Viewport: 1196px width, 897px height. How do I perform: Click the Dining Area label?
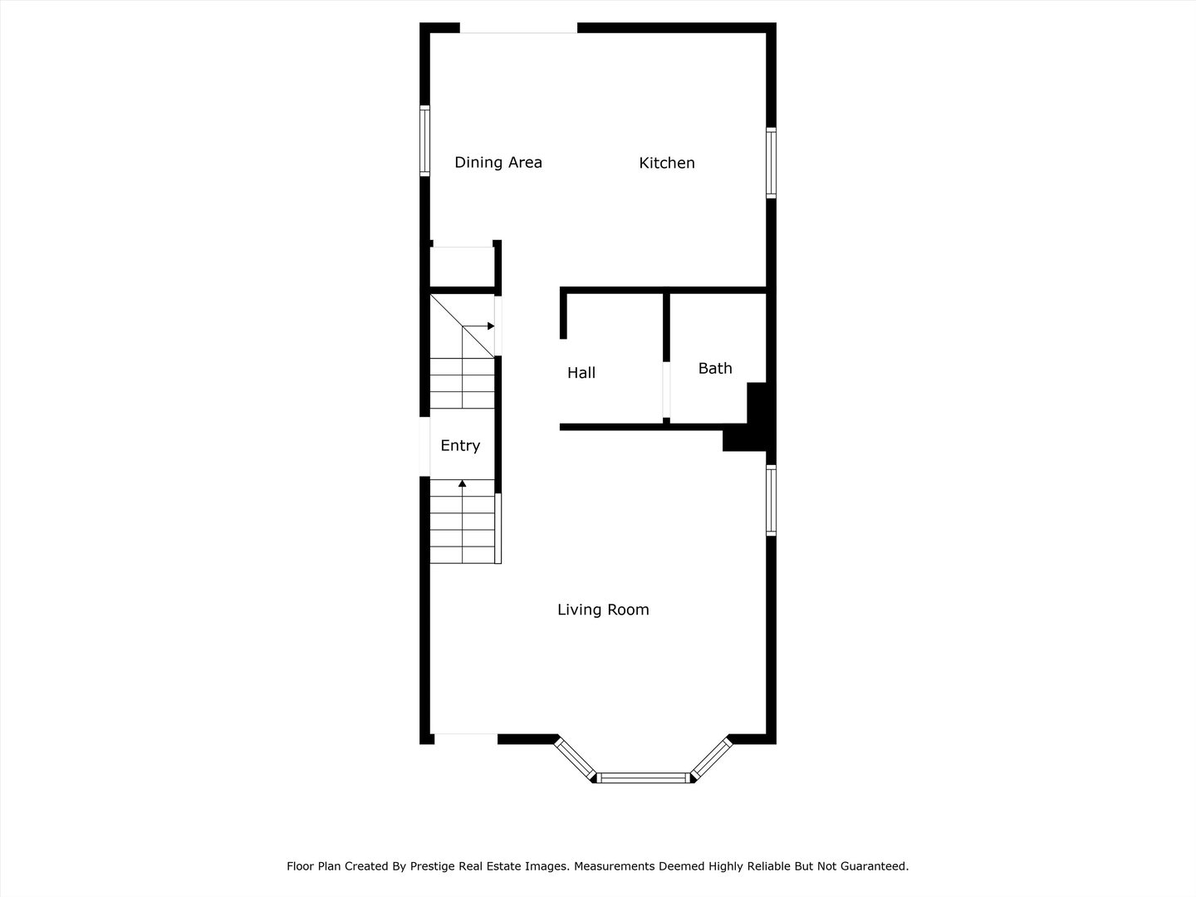click(498, 163)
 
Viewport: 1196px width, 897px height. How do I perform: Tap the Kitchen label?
click(666, 163)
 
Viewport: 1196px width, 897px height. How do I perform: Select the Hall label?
click(581, 373)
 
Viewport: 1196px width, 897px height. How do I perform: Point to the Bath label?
click(714, 368)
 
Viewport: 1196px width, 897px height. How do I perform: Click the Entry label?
click(460, 446)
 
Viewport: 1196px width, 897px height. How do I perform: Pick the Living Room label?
click(603, 610)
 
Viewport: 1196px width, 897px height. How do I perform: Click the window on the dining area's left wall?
click(424, 140)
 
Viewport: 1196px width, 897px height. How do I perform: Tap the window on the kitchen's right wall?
click(771, 163)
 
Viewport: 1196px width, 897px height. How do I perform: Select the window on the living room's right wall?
click(771, 500)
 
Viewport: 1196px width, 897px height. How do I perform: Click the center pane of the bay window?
click(645, 778)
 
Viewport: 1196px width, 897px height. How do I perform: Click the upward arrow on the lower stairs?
click(463, 483)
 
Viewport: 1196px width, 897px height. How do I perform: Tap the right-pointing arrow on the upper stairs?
click(490, 326)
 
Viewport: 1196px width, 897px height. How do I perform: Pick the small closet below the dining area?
click(462, 267)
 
